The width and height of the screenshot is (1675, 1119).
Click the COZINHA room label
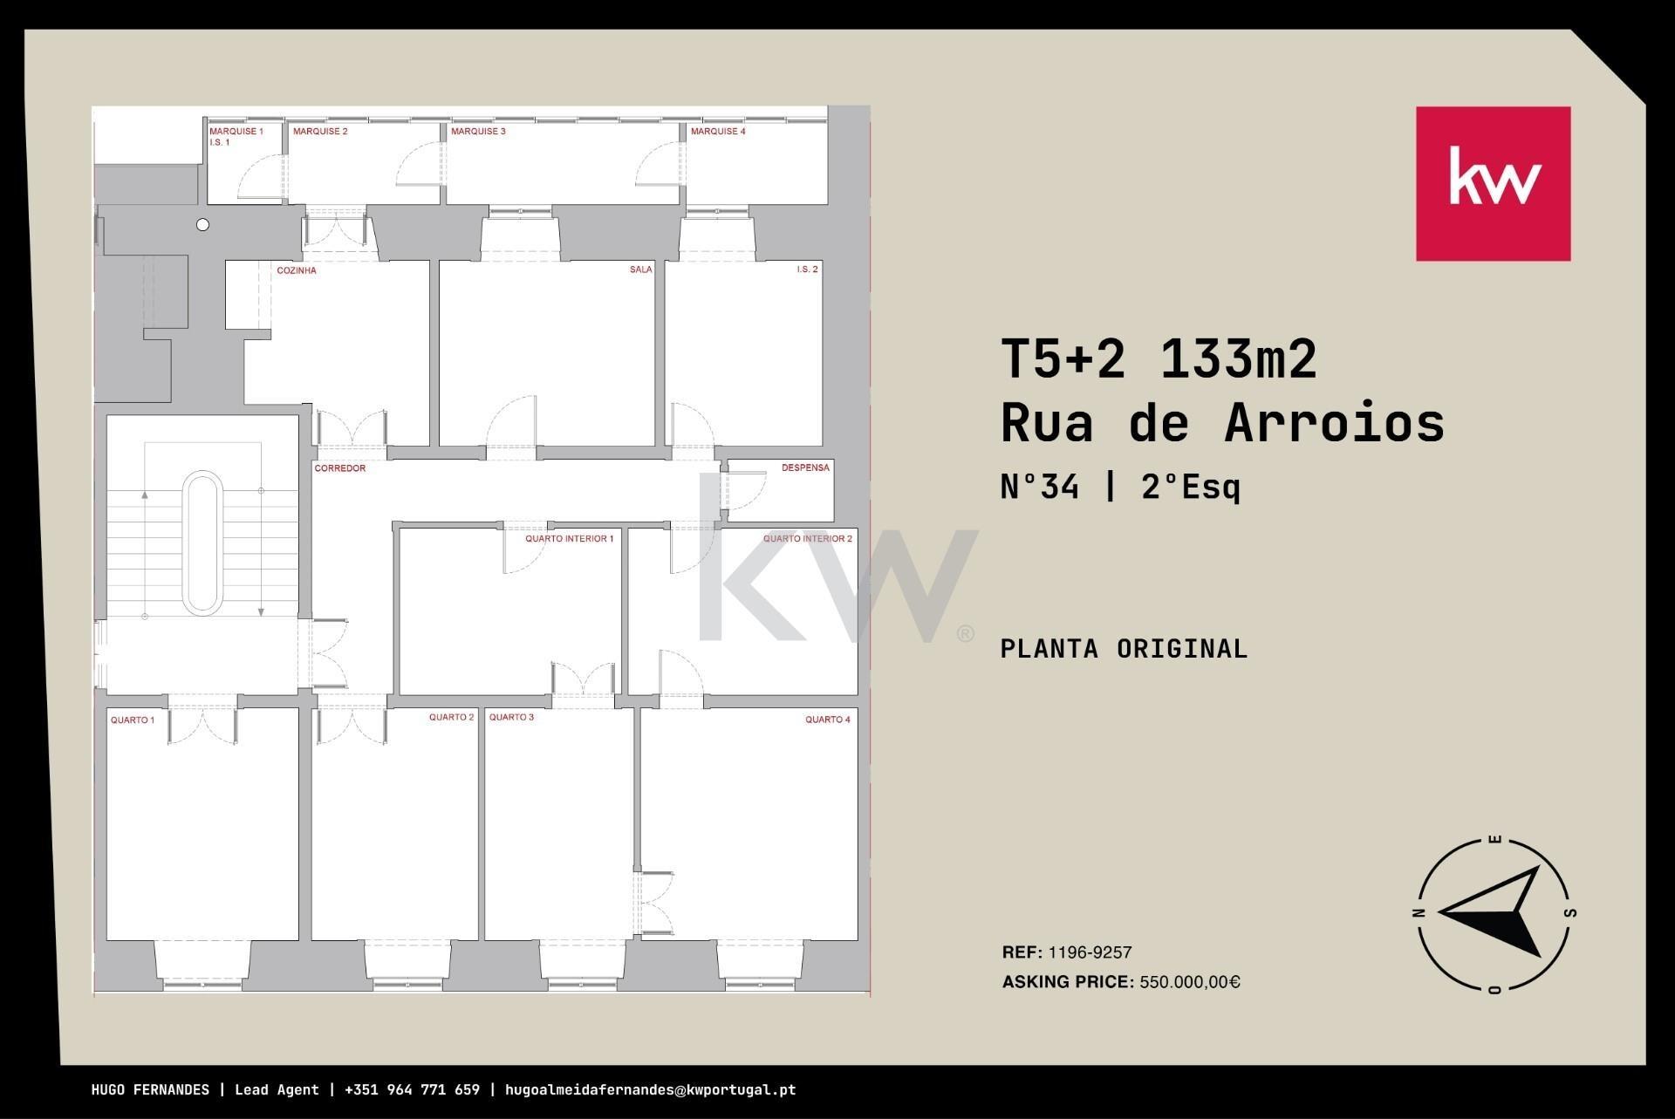coord(297,270)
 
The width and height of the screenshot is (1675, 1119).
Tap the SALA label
coord(641,270)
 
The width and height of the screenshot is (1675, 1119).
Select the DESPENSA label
coord(805,467)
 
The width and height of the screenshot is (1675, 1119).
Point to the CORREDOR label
coord(340,468)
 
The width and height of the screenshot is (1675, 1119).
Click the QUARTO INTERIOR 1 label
coord(569,539)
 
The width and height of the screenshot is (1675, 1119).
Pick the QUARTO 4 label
coord(827,720)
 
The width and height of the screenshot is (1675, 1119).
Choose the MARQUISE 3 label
coord(478,132)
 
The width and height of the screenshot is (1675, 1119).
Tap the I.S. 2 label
coord(807,270)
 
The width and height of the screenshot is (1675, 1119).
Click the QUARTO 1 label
coord(133,720)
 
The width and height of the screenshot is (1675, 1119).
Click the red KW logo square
coord(1493,184)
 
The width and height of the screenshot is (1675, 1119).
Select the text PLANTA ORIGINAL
coord(1124,649)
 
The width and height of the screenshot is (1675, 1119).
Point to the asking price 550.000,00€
coord(1190,982)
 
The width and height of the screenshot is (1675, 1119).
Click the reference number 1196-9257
coord(1090,952)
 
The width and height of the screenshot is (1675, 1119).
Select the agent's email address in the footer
coord(650,1090)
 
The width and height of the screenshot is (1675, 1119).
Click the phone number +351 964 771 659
coord(412,1090)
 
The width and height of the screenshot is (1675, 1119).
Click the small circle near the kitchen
coord(203,225)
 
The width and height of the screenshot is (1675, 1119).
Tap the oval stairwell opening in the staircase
coord(202,542)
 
